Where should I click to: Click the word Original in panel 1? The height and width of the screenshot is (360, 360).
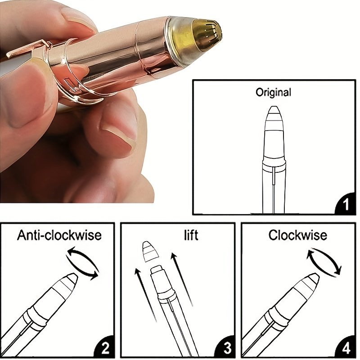tap(273, 92)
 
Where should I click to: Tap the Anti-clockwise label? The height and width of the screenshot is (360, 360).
tap(59, 235)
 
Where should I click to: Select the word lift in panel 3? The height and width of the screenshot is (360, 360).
tap(191, 235)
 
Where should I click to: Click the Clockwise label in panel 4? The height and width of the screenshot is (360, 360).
tap(298, 235)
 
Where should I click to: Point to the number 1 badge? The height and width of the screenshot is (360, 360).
tap(346, 204)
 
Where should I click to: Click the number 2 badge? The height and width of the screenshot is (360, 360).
tap(105, 348)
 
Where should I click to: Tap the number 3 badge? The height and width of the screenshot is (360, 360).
tap(227, 348)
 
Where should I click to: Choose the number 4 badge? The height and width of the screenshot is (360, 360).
tap(346, 348)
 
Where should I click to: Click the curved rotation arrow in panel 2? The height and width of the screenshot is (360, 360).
tap(83, 263)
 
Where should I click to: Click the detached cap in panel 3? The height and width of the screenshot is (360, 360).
tap(150, 252)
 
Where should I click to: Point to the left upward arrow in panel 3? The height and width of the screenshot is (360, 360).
tap(145, 295)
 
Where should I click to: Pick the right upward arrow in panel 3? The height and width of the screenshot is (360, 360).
tap(181, 279)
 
